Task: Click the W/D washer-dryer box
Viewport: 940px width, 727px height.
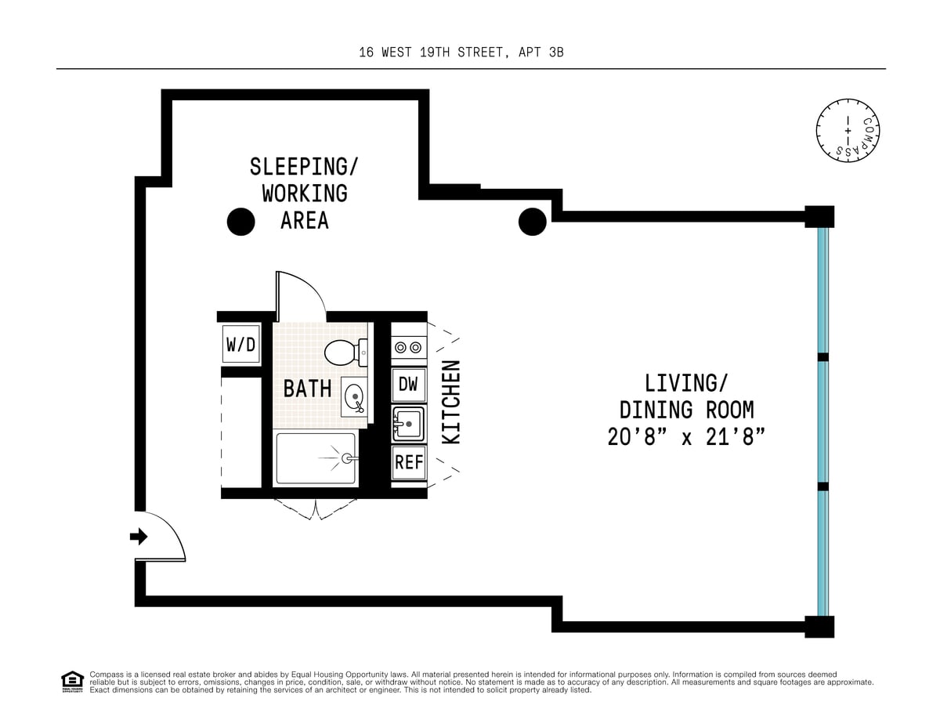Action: (x=240, y=344)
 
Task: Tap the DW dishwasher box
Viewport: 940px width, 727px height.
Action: (x=408, y=385)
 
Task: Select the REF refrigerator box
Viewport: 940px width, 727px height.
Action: (x=408, y=462)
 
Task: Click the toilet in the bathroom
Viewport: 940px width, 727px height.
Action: (x=343, y=353)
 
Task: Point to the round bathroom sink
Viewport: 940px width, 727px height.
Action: (x=354, y=398)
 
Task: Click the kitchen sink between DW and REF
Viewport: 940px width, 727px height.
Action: (x=408, y=424)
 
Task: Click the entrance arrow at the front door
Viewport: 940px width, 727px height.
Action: (x=139, y=537)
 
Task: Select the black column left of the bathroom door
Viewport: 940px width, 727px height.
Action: (x=240, y=222)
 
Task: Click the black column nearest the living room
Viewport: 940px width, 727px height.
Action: (x=533, y=222)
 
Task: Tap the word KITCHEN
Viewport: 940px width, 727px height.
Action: (x=451, y=403)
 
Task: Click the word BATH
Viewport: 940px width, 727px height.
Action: (x=307, y=389)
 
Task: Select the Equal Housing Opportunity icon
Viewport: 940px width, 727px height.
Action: (x=72, y=682)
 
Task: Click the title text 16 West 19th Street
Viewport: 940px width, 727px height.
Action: (x=461, y=52)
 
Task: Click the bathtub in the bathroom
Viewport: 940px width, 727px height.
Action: (x=315, y=458)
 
